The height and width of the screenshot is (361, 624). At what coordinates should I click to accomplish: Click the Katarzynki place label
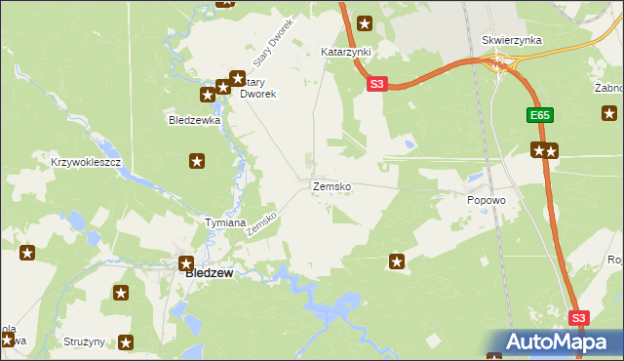tap(341, 51)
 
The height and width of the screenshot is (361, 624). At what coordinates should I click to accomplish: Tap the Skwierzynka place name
tap(511, 40)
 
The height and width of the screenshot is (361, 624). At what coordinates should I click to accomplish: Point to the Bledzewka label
tap(195, 121)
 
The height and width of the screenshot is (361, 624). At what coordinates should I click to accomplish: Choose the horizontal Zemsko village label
tap(331, 185)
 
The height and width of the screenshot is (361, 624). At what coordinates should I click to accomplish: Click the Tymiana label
tap(224, 222)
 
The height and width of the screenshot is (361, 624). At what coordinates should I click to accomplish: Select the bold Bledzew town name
tap(209, 274)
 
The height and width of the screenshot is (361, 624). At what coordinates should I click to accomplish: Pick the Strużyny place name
tap(84, 342)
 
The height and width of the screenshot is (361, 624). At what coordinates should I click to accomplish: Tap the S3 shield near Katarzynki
tap(378, 85)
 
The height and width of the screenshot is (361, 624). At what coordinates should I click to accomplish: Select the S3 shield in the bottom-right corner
tap(579, 318)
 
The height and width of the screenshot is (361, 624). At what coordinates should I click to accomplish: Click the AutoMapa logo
tap(555, 341)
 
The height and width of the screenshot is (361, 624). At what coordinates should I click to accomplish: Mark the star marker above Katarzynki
tap(365, 23)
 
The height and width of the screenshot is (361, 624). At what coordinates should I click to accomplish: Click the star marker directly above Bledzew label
tap(185, 261)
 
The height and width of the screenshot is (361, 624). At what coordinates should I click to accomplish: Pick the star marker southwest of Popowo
tap(397, 261)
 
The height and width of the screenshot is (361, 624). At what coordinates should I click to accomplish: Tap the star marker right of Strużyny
tap(126, 342)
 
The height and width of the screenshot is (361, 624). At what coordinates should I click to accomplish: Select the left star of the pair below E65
tap(537, 150)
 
